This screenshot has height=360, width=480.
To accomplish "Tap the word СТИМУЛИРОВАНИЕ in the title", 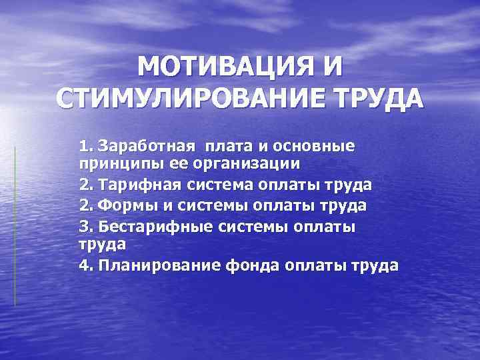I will [x=187, y=99].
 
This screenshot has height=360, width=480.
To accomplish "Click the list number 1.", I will [x=84, y=146].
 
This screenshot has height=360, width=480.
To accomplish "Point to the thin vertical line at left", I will [x=15, y=227].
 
